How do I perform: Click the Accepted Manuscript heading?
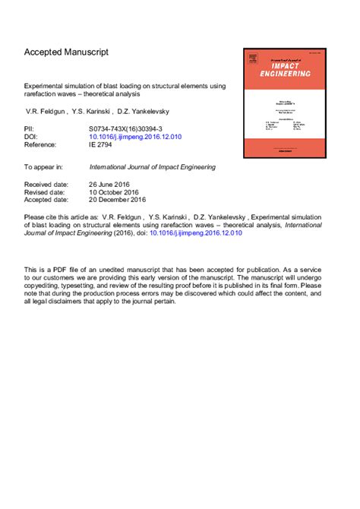(x=66, y=52)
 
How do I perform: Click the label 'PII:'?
(x=30, y=130)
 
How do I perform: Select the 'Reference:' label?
(x=42, y=145)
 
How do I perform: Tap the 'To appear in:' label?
(x=43, y=166)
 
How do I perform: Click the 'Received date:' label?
(x=47, y=185)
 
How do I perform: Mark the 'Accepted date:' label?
(x=47, y=201)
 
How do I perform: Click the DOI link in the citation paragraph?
(x=196, y=233)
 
